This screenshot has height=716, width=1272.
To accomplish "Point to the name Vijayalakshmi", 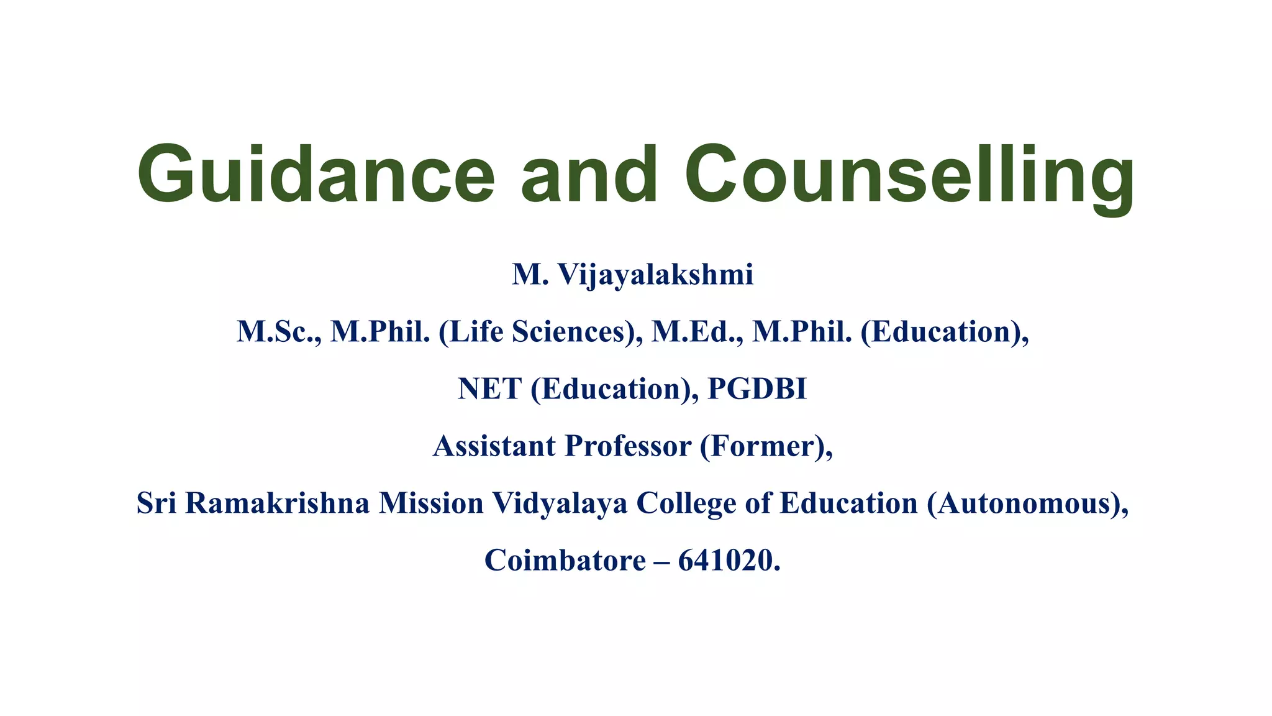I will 655,275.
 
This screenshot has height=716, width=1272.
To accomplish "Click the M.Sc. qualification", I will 279,332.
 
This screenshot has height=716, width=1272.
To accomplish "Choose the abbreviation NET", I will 489,389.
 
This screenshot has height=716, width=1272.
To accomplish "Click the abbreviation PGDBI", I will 757,389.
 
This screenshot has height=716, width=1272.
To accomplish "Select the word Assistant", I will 494,446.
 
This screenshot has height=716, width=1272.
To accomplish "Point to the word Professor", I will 628,446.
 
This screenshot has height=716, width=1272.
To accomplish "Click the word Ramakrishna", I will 277,503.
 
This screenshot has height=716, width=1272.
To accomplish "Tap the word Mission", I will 431,503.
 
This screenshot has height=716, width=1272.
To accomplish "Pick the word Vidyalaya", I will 560,503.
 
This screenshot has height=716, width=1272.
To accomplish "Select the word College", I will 686,503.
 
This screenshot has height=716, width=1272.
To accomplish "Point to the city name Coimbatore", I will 565,561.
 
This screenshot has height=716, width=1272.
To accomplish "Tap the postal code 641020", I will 725,561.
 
